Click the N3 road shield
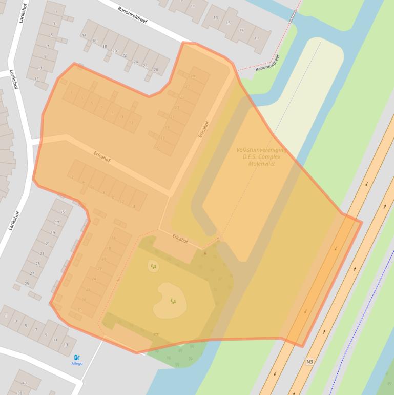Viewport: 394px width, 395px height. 309,362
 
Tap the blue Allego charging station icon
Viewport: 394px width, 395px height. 77,358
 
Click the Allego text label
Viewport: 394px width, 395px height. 77,364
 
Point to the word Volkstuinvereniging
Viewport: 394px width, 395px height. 261,150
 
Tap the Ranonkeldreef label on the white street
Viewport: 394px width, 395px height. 132,10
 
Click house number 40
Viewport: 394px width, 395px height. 24,383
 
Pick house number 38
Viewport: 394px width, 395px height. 19,393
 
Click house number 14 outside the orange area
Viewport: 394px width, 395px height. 84,35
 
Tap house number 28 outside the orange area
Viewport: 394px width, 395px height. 155,70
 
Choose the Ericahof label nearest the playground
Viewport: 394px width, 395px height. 180,239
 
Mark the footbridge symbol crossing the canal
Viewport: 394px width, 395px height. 292,17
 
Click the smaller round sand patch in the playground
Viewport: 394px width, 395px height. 153,266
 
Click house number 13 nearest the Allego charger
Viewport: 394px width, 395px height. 65,345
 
